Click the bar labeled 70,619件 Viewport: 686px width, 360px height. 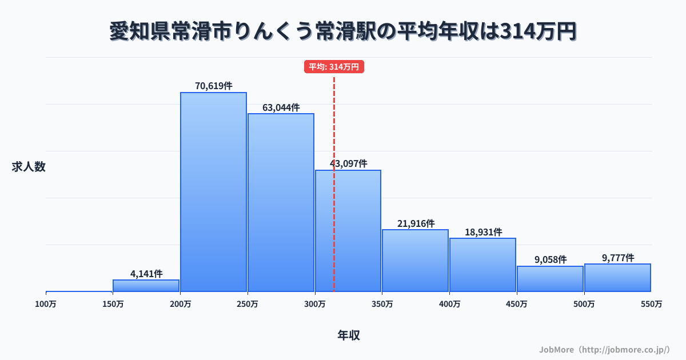213,191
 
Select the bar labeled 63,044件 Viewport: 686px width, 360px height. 281,202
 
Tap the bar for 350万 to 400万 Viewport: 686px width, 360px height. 415,261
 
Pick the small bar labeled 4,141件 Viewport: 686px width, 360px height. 146,286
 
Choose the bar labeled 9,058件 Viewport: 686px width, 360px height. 550,279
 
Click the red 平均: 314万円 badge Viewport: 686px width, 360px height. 334,67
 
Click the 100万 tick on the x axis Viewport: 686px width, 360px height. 46,305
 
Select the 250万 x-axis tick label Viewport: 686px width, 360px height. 248,305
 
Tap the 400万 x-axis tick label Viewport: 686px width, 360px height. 449,305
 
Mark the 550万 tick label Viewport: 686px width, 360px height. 651,305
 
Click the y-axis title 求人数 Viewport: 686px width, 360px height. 29,167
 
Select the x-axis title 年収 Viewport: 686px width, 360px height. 349,335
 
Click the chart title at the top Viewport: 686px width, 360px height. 343,31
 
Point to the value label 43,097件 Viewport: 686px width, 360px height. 348,163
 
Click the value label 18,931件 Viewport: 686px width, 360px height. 483,232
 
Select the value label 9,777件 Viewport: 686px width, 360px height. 617,258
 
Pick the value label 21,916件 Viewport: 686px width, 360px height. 416,223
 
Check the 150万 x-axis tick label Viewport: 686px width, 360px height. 113,305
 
